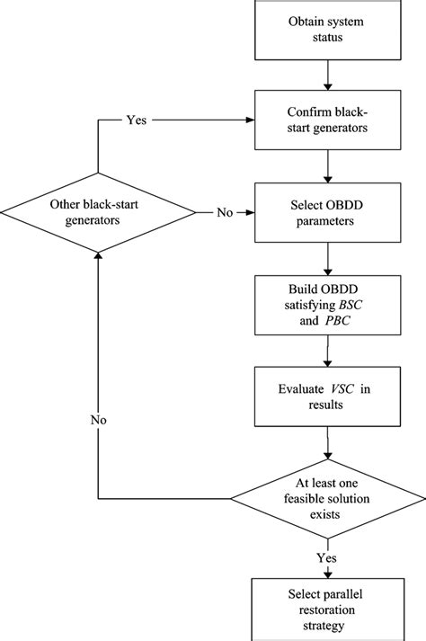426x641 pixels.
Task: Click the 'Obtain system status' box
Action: point(332,30)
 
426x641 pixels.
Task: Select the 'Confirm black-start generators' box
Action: point(332,120)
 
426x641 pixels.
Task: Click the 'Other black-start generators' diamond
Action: point(98,213)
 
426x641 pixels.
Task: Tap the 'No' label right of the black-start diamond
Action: point(226,213)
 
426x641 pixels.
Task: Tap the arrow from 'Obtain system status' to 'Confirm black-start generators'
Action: point(332,75)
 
